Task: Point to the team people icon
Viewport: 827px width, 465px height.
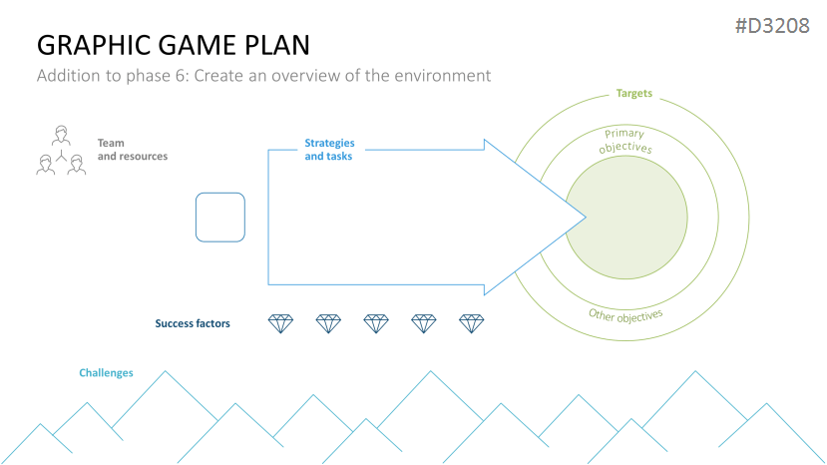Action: [61, 152]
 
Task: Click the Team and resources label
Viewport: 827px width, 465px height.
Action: [132, 150]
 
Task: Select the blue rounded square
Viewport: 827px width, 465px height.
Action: [219, 218]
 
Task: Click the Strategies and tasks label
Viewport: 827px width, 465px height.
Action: [328, 150]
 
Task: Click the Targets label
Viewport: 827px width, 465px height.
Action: [633, 94]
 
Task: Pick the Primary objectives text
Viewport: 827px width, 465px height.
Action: [625, 141]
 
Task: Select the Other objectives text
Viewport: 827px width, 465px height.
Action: [625, 316]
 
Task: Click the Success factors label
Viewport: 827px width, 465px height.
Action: [193, 323]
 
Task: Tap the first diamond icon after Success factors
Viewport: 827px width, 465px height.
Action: [281, 323]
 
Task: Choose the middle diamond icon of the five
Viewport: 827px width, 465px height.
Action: [376, 323]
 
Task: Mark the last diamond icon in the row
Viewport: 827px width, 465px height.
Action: [471, 323]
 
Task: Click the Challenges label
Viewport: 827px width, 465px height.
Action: [106, 373]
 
